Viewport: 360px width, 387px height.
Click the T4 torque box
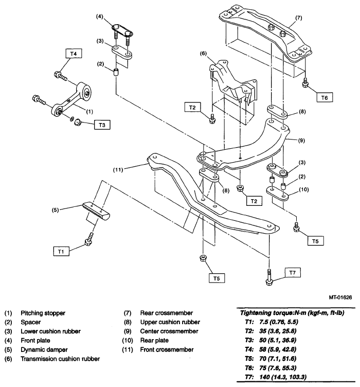point(74,54)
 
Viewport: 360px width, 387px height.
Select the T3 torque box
point(102,125)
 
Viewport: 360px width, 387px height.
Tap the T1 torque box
point(61,251)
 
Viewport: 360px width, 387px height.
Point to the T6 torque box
point(325,97)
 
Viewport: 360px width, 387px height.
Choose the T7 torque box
point(293,272)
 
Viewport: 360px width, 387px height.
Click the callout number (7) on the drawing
point(298,18)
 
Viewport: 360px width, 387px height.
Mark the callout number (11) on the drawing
point(118,169)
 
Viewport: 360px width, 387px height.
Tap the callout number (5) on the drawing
point(55,210)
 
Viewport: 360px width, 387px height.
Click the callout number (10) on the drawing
point(304,189)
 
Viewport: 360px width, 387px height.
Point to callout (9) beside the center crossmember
point(301,140)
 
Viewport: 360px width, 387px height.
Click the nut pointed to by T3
point(78,121)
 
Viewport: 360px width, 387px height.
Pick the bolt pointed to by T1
point(89,239)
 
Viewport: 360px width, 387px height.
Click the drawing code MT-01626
point(340,297)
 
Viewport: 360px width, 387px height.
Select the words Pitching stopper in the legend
point(43,313)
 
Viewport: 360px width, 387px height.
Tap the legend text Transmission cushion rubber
point(60,359)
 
